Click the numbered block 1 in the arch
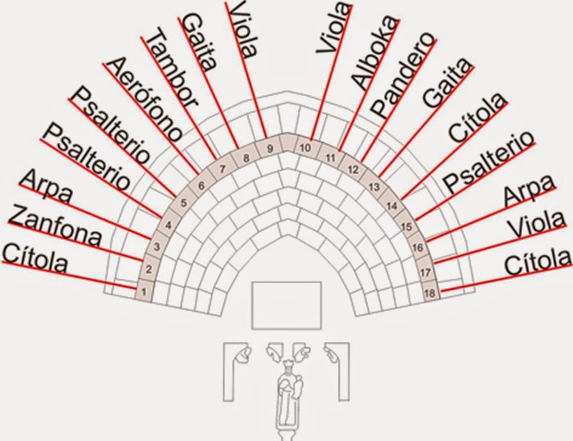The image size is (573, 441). [144, 292]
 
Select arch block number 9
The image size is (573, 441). [269, 148]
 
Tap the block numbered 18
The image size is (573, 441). [430, 293]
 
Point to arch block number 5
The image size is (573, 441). [183, 202]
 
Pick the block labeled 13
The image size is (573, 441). [373, 186]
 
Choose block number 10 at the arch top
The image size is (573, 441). [305, 149]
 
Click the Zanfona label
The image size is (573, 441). [58, 225]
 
